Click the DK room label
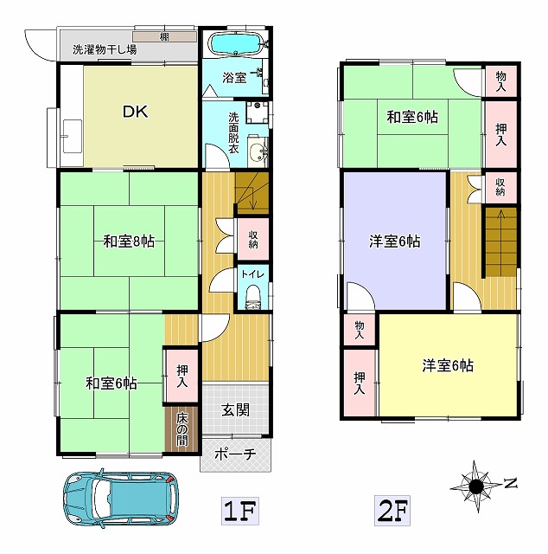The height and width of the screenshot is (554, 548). tap(136, 112)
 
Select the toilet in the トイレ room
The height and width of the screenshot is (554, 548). tap(252, 297)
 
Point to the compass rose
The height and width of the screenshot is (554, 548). tap(476, 486)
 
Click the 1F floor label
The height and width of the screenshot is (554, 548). tap(240, 510)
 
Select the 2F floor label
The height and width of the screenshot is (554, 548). tap(392, 510)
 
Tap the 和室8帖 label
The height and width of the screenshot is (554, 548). tap(129, 242)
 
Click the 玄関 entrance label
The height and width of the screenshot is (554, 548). tap(235, 410)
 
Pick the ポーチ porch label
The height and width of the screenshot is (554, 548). tap(235, 454)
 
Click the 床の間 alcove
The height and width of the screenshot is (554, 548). tap(182, 429)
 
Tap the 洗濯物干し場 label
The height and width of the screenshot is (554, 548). tap(105, 49)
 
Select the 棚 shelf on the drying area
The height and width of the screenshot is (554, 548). tap(164, 36)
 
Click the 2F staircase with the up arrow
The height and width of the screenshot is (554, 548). tap(500, 242)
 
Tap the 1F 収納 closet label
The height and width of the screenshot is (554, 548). tap(253, 239)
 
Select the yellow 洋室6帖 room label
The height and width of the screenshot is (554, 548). tap(448, 365)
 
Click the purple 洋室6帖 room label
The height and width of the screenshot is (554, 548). tap(395, 242)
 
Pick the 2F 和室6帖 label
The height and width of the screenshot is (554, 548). tap(412, 117)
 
